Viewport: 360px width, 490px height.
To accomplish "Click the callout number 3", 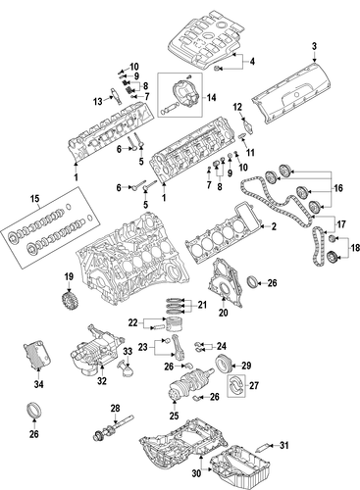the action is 314,46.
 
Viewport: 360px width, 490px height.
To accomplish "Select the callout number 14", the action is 211,98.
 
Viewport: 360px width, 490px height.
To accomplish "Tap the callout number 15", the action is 34,198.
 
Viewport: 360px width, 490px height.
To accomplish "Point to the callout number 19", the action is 69,276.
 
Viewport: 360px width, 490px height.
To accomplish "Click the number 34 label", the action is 38,384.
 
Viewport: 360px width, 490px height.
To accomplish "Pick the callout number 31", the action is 284,445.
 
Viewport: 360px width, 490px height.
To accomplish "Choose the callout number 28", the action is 115,408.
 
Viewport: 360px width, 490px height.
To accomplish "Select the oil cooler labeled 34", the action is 37,357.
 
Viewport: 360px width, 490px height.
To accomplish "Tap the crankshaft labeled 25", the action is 189,381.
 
